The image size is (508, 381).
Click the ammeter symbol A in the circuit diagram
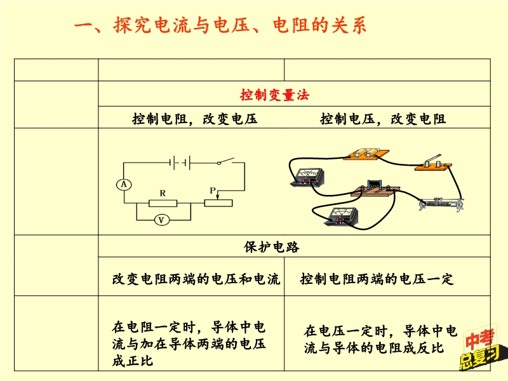tap(125, 184)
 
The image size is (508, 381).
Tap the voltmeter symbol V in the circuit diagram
tap(162, 220)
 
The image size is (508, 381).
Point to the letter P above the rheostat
tap(213, 190)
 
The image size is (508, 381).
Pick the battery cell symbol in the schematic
tap(178, 163)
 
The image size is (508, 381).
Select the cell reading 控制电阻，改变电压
tap(195, 119)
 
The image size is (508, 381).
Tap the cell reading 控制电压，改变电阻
tap(383, 119)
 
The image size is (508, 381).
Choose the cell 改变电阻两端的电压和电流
tap(196, 279)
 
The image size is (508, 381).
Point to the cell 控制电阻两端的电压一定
tap(377, 279)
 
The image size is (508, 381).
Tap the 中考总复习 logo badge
tap(479, 351)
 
